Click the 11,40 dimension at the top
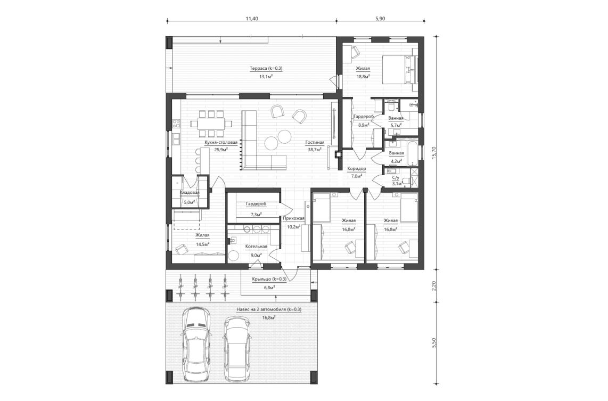click(251, 18)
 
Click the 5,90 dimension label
click(380, 18)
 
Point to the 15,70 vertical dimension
click(434, 153)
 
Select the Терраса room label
click(266, 68)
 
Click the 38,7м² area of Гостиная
click(315, 150)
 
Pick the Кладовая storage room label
click(190, 192)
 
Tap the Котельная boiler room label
click(256, 247)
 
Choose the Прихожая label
click(293, 218)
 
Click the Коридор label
click(356, 168)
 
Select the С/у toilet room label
click(397, 178)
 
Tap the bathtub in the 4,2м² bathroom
click(410, 151)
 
